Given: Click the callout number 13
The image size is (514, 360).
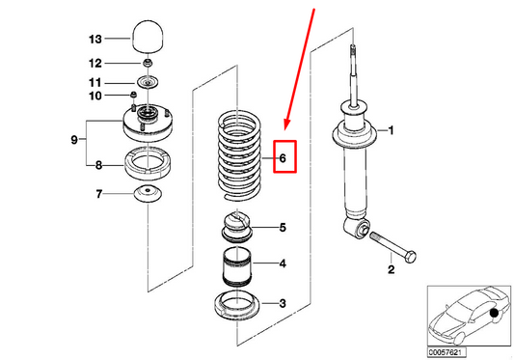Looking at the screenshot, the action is click(95, 40).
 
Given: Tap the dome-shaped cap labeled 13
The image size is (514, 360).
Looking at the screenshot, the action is click(148, 36).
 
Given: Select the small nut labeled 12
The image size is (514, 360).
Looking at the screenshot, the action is click(149, 63).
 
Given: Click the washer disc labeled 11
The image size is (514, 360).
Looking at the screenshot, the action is click(148, 82).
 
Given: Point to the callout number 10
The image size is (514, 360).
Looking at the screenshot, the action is click(95, 96).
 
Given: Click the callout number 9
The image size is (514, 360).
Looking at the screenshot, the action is click(74, 140).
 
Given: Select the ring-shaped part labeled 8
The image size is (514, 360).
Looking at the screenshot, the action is click(148, 163).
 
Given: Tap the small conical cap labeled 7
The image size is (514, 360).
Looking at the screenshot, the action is click(148, 194).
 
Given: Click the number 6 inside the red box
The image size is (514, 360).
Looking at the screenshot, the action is click(283, 158).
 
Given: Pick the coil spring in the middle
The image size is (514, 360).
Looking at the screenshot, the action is click(239, 156).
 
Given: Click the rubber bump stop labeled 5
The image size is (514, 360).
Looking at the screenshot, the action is click(236, 227).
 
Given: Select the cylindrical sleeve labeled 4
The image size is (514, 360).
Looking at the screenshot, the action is click(236, 265).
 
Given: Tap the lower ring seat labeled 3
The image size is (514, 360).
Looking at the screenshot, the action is click(236, 306).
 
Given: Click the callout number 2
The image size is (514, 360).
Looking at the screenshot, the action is click(392, 269).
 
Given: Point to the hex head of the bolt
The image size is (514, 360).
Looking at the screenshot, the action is click(411, 256).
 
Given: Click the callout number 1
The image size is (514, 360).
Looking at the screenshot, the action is click(391, 130).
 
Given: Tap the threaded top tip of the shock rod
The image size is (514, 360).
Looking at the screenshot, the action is click(353, 49).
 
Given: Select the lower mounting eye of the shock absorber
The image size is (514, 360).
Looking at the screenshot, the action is click(357, 228).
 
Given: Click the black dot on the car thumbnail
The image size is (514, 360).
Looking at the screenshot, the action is click(494, 313).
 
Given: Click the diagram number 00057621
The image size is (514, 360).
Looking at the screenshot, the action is click(446, 353).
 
